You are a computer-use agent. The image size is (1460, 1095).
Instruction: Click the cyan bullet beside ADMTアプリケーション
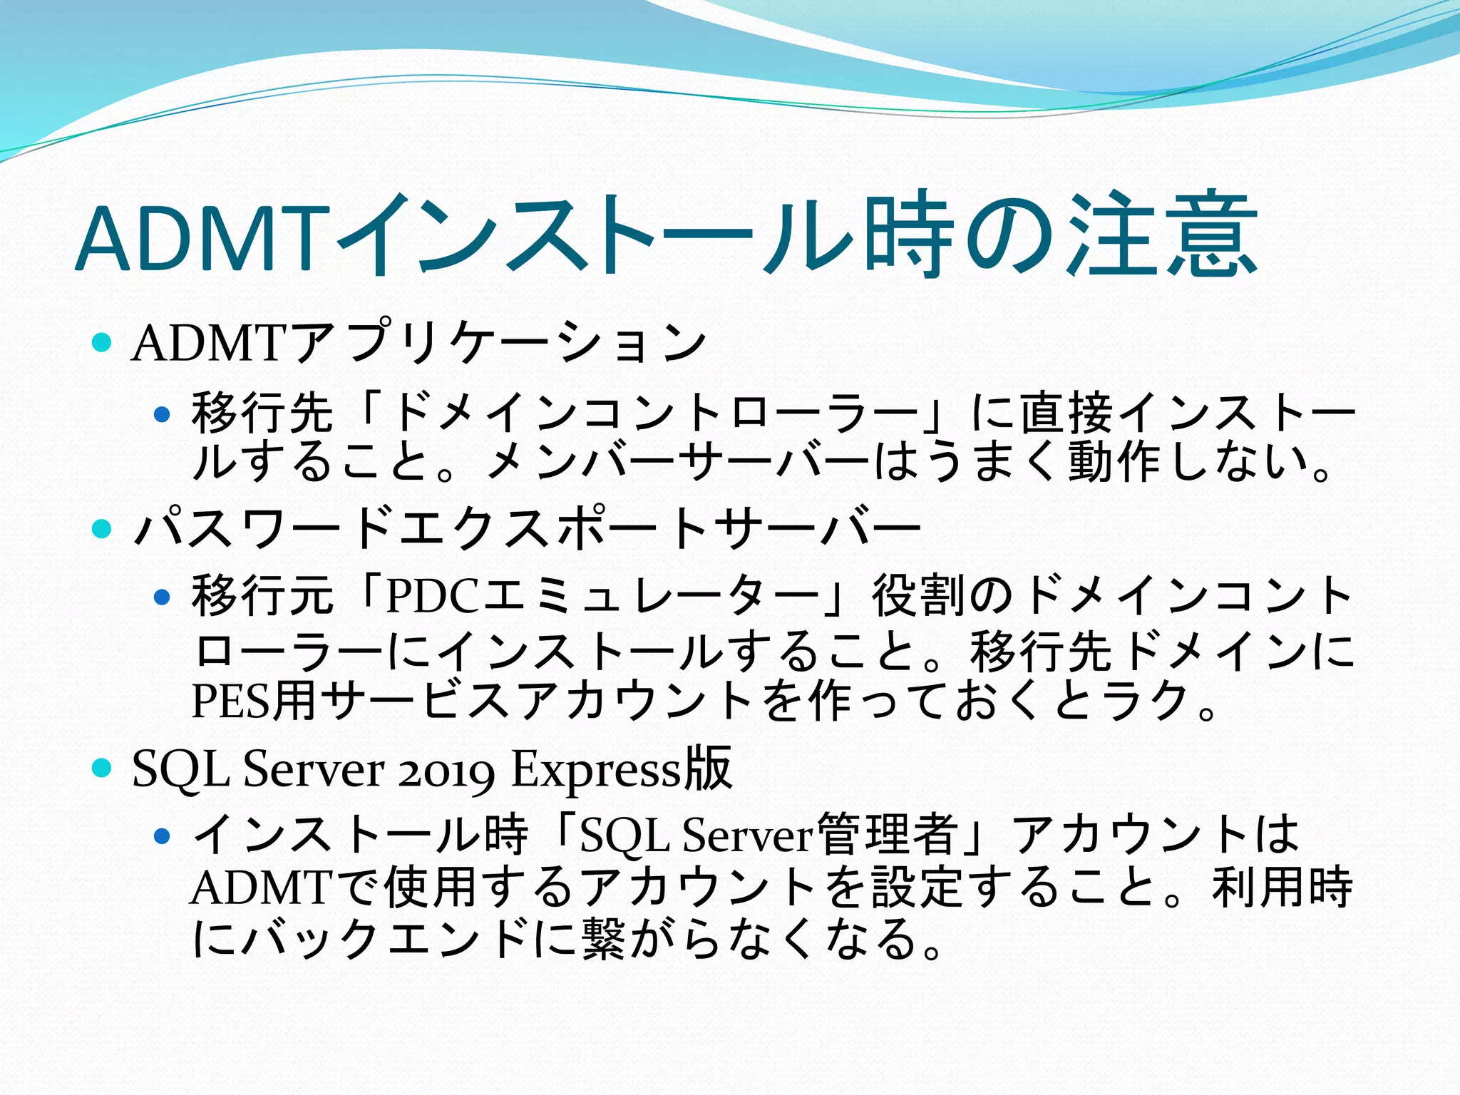[103, 344]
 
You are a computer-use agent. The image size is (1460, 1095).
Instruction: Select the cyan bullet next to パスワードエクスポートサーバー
[103, 528]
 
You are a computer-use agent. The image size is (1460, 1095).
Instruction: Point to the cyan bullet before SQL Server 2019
[103, 768]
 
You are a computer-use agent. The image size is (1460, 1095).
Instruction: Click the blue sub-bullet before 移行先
[163, 414]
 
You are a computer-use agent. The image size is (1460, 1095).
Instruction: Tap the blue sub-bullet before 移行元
[163, 596]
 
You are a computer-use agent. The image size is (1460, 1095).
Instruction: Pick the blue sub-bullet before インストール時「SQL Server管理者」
[163, 835]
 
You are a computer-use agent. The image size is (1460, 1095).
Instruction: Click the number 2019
[446, 771]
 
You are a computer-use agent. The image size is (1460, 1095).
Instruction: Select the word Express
[596, 771]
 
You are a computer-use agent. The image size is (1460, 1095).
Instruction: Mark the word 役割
[920, 596]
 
